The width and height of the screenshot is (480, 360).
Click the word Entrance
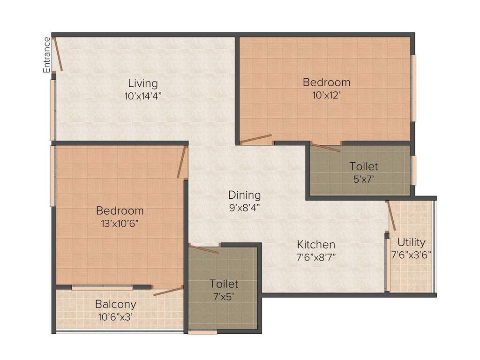click(46, 54)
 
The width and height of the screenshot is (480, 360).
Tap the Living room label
click(143, 83)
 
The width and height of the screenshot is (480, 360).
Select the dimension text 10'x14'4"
click(143, 96)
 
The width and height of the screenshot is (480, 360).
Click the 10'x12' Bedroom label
click(326, 82)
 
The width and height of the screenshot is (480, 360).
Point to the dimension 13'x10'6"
click(120, 223)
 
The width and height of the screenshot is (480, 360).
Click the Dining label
click(244, 195)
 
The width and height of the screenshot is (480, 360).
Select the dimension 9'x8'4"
click(244, 207)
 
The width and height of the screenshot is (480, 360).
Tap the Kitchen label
click(316, 244)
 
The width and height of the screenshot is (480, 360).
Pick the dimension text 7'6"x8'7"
click(316, 257)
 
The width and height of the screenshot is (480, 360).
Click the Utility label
click(411, 242)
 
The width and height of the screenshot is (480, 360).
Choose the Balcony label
click(115, 303)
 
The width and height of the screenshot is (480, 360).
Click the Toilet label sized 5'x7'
click(363, 166)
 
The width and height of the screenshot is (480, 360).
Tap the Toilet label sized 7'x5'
click(224, 284)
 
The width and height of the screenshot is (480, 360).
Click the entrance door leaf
click(58, 54)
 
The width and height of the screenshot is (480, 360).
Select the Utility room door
click(391, 216)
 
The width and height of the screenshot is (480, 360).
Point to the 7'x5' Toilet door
click(203, 249)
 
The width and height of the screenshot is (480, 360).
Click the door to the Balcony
click(168, 291)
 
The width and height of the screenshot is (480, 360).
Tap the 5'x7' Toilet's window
click(414, 170)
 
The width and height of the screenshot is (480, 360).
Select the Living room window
click(53, 110)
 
